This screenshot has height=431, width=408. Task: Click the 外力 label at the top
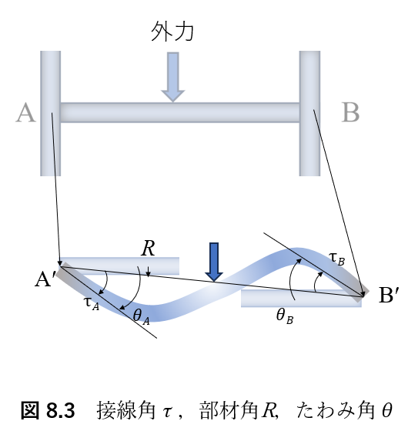(x=172, y=32)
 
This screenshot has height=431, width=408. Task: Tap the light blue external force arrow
(x=173, y=77)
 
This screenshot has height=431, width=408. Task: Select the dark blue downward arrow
(x=214, y=262)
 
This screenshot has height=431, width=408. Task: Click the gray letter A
(x=25, y=112)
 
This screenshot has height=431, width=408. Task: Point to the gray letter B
(x=350, y=112)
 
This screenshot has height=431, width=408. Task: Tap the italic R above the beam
(x=148, y=248)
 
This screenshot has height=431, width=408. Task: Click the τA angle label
(x=92, y=304)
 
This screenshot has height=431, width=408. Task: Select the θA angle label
(x=142, y=316)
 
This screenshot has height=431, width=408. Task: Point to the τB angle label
(x=337, y=259)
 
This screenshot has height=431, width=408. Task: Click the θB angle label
(x=285, y=316)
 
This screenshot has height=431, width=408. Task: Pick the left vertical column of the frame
(x=51, y=113)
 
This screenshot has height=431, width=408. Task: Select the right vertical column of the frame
(x=309, y=113)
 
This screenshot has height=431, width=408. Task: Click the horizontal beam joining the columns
(x=180, y=112)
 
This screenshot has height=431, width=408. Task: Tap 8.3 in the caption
(x=61, y=411)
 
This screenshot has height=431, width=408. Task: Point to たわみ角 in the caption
(x=336, y=410)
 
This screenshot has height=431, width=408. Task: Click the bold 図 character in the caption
(x=30, y=410)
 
